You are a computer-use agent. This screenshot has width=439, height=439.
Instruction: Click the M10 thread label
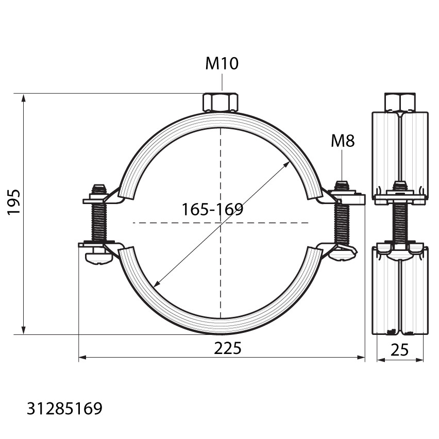(x=222, y=63)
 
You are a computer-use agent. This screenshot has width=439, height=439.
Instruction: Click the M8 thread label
(x=343, y=141)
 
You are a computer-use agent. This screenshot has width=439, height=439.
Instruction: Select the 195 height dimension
(x=13, y=202)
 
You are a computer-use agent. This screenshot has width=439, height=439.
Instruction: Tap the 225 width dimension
(x=227, y=348)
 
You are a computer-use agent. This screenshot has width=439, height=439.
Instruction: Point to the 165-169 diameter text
(x=212, y=209)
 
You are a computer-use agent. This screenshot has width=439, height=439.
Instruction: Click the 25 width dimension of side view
(x=399, y=350)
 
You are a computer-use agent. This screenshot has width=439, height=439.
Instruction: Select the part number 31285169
(x=65, y=409)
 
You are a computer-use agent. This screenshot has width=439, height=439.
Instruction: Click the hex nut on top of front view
(x=221, y=102)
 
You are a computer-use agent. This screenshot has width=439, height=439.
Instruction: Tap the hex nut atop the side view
(x=400, y=102)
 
